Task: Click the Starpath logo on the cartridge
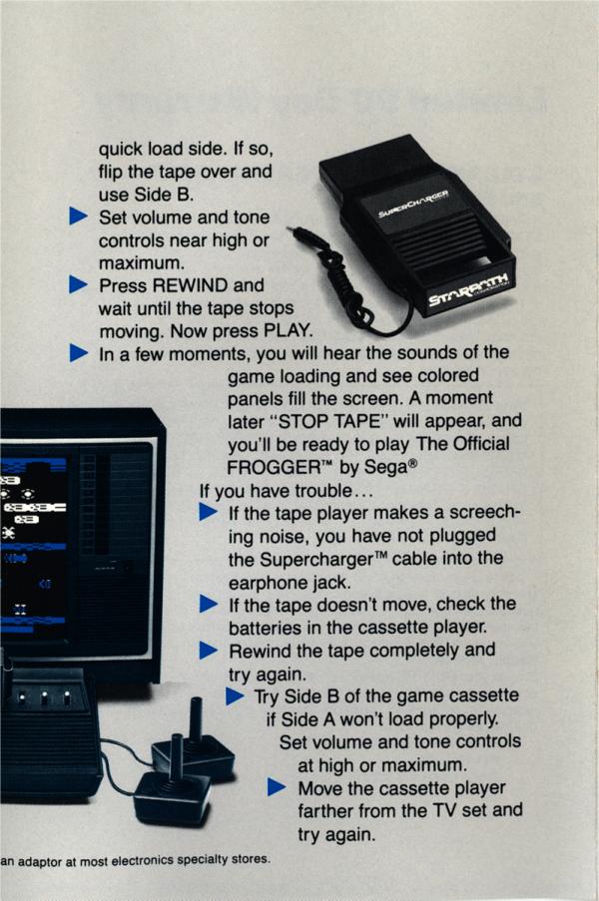pyautogui.click(x=469, y=289)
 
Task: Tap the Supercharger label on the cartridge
pyautogui.click(x=413, y=205)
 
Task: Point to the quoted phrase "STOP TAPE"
pyautogui.click(x=329, y=421)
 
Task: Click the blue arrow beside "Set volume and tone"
pyautogui.click(x=78, y=217)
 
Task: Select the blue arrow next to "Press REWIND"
pyautogui.click(x=78, y=284)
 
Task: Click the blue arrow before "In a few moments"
pyautogui.click(x=78, y=353)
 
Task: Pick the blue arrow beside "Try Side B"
pyautogui.click(x=235, y=695)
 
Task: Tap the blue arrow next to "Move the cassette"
pyautogui.click(x=277, y=787)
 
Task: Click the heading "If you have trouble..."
pyautogui.click(x=287, y=491)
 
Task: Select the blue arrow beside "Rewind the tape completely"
pyautogui.click(x=209, y=651)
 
